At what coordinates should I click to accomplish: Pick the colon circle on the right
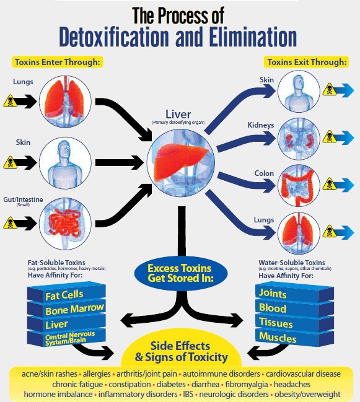(x=298, y=186)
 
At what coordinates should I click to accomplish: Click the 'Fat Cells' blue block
(x=64, y=295)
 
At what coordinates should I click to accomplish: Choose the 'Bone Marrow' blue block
(x=66, y=309)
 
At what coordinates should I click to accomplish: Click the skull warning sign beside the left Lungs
(x=11, y=102)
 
